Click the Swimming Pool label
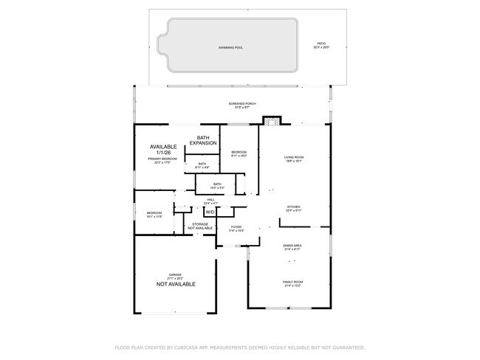(230, 47)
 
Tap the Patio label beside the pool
(321, 46)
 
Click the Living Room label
(294, 159)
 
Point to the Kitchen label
(293, 209)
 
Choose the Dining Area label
(292, 246)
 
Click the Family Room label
(292, 283)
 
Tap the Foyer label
(236, 229)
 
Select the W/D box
(210, 212)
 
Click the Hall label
(210, 201)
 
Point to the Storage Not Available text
(200, 226)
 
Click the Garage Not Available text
(175, 281)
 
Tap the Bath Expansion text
(203, 140)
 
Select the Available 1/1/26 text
(163, 149)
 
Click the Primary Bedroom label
(163, 160)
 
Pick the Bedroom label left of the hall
(154, 215)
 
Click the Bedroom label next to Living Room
(239, 154)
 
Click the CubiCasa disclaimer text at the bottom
(239, 347)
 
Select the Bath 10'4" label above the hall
(217, 186)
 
